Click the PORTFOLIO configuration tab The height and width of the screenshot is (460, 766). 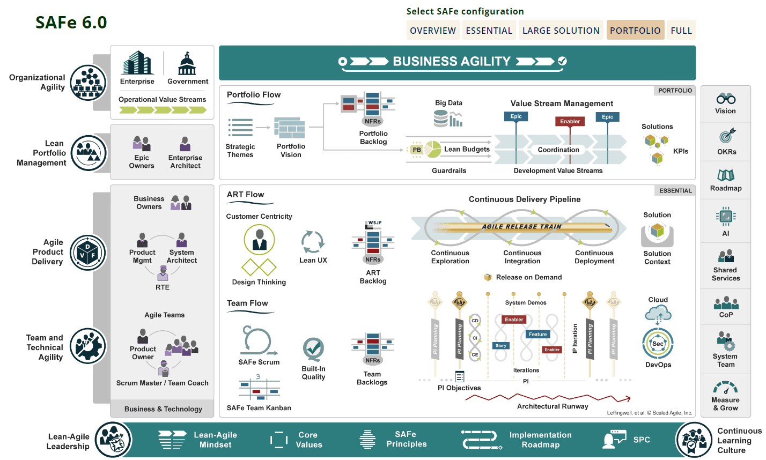(x=635, y=31)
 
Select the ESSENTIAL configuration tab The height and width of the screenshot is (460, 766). (x=489, y=31)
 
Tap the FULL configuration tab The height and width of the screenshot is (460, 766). (x=681, y=31)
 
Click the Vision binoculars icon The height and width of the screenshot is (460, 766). (x=725, y=99)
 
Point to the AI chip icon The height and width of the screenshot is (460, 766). (x=725, y=216)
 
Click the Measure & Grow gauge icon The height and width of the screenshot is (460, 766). (x=725, y=387)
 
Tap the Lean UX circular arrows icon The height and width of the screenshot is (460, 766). (x=313, y=242)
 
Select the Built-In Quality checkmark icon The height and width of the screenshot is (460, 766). (x=313, y=350)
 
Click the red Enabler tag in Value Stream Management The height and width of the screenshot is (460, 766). (x=570, y=121)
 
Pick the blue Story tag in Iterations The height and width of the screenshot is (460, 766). (x=500, y=346)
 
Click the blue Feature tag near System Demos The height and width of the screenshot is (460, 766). (x=537, y=334)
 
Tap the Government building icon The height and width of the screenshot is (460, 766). (x=187, y=64)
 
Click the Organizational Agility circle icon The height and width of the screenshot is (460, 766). (x=89, y=83)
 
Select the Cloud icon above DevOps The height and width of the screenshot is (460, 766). (x=658, y=313)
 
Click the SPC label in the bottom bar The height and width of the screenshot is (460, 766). (x=642, y=440)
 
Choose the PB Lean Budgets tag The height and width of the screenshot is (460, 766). (x=417, y=150)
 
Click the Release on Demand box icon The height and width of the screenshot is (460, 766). (x=488, y=277)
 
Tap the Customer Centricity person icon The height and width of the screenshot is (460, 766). (x=259, y=239)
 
